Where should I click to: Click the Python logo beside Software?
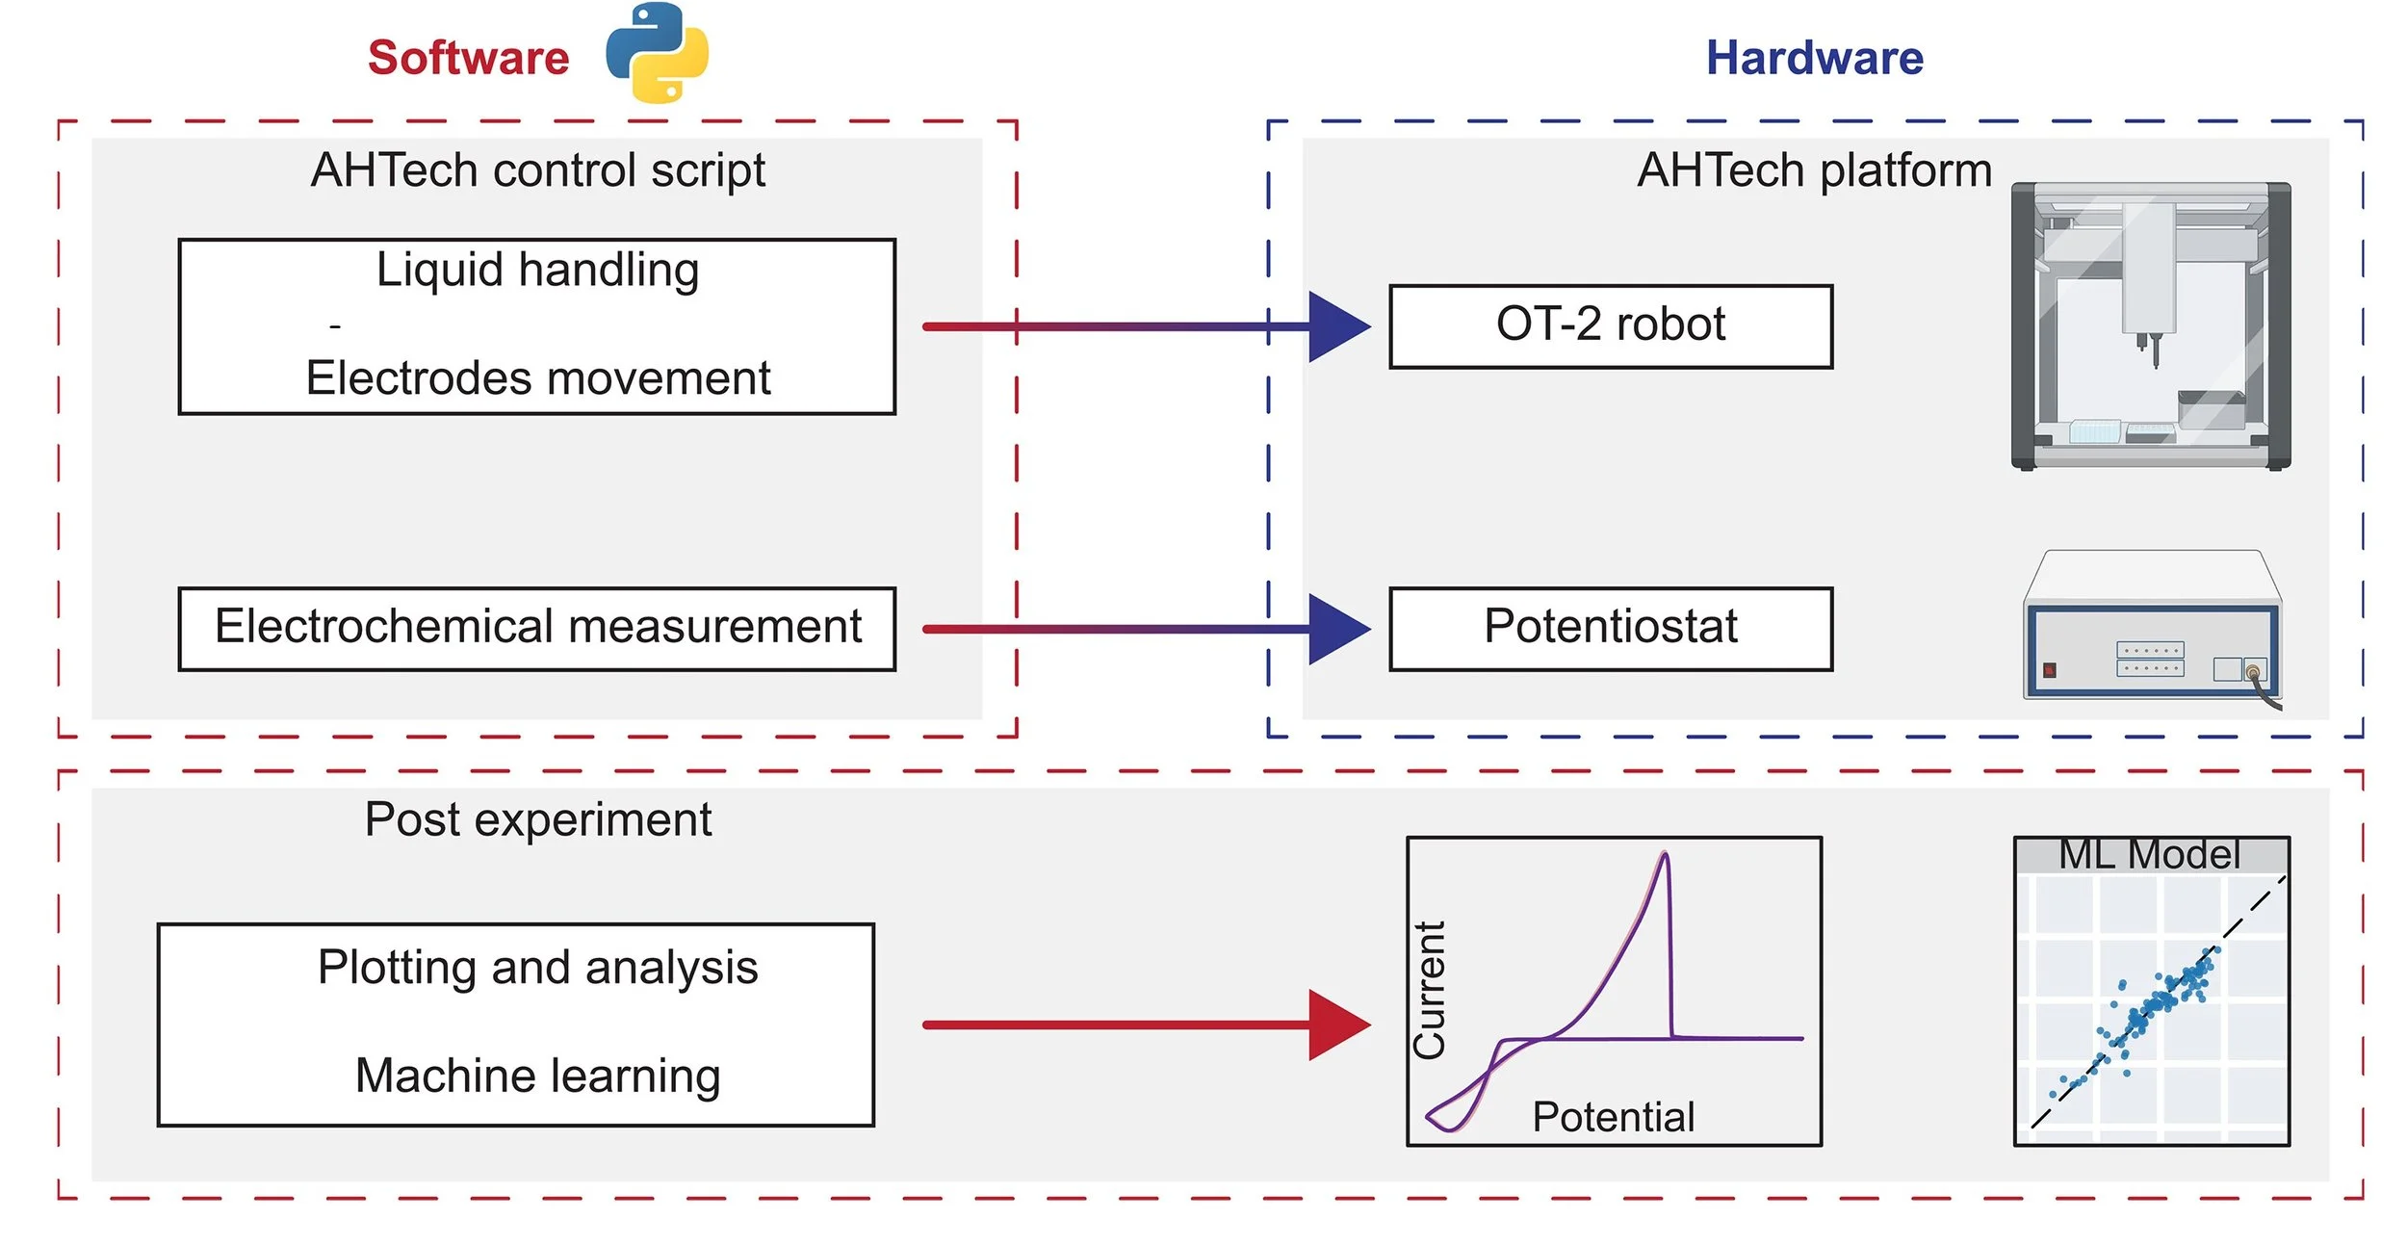(x=657, y=53)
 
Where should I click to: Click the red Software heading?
(x=468, y=58)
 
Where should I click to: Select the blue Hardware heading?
(x=1814, y=58)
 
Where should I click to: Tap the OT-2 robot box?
(x=1610, y=325)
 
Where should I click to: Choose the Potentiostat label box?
(x=1610, y=628)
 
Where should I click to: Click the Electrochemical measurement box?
(x=536, y=628)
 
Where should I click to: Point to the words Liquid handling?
(x=537, y=270)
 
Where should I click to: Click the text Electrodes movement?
(x=537, y=377)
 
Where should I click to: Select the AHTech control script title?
(x=537, y=170)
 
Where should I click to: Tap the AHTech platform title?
(x=1814, y=170)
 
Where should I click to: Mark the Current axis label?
(x=1429, y=990)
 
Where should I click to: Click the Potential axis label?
(x=1613, y=1117)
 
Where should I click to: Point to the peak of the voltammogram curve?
(x=1664, y=854)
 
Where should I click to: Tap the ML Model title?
(x=2149, y=854)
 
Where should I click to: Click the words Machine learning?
(x=537, y=1076)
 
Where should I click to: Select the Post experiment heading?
(x=537, y=820)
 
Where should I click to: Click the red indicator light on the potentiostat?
(x=2049, y=670)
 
